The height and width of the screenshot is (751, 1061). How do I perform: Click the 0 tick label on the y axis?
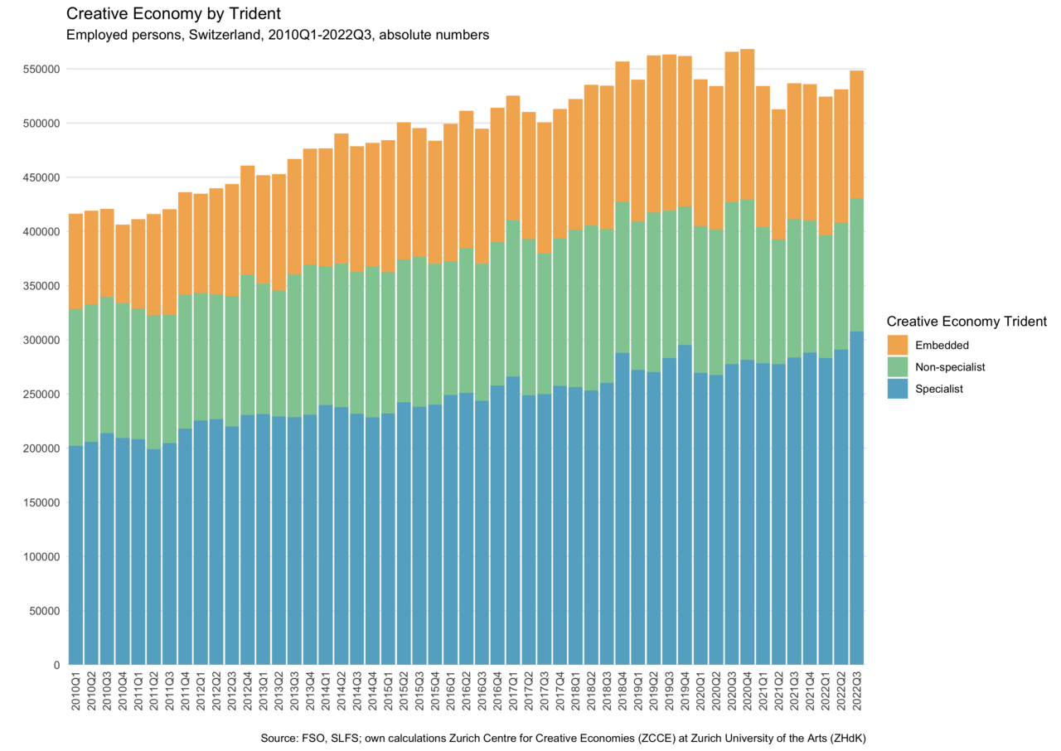(x=57, y=664)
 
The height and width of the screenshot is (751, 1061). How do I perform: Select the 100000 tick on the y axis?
(x=44, y=556)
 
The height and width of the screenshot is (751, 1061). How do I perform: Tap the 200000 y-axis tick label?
(x=44, y=448)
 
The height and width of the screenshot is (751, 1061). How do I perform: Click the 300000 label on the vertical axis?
(x=44, y=340)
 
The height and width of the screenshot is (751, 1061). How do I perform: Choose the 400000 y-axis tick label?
(x=44, y=231)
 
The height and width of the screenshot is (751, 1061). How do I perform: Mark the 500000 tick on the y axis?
(x=44, y=124)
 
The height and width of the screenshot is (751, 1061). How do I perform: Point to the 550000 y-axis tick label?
(x=44, y=69)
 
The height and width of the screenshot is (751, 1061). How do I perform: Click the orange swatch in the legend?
(x=898, y=345)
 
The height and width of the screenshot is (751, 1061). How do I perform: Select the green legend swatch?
(x=898, y=366)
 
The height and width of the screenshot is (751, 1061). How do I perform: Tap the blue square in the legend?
(x=898, y=389)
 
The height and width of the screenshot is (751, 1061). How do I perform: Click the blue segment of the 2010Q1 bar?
(x=75, y=555)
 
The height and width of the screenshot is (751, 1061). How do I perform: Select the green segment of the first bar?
(x=75, y=377)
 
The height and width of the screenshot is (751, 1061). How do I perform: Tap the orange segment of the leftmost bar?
(x=75, y=261)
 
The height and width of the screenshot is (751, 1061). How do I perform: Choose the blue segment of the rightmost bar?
(x=857, y=497)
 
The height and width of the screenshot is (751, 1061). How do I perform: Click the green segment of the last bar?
(x=857, y=265)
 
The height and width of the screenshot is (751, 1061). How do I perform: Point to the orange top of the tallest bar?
(x=747, y=124)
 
